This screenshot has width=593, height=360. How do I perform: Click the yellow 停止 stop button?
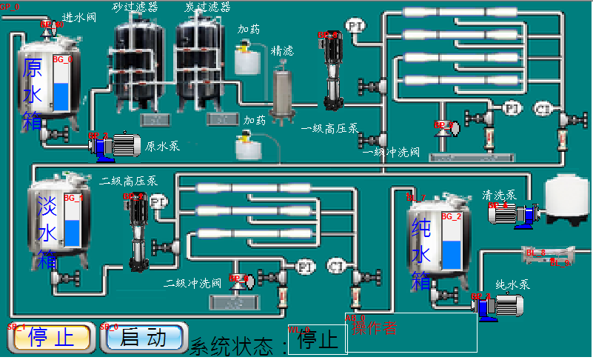50,338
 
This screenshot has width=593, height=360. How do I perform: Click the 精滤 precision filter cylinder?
282,93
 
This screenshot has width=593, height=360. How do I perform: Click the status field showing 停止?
318,340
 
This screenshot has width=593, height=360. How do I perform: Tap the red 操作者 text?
374,328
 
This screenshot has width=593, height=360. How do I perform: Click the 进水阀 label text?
79,17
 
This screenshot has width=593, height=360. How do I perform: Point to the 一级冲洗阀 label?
392,153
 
